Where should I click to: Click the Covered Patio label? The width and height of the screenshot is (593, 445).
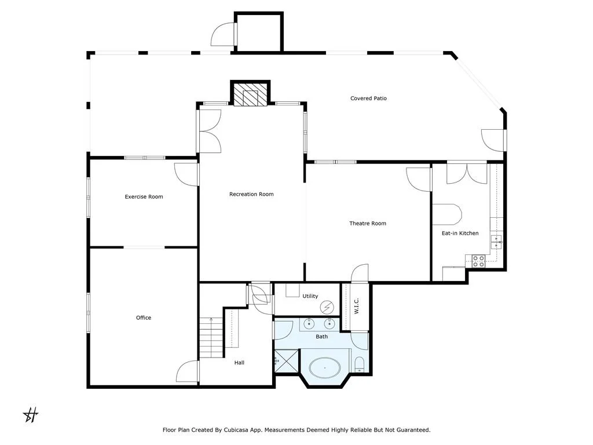click(368, 99)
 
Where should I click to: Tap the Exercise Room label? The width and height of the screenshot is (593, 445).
click(144, 197)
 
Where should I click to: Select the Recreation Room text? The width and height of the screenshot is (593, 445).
click(251, 194)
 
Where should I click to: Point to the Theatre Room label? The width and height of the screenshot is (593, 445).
click(368, 223)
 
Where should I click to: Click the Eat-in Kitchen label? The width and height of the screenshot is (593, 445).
click(460, 233)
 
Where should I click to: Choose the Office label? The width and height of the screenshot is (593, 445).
click(144, 318)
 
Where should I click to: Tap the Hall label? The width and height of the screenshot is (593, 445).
click(239, 363)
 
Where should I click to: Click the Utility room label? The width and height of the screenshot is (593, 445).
click(310, 296)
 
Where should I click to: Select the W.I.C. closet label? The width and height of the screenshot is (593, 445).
click(356, 306)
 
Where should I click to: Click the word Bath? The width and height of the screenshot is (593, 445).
click(322, 337)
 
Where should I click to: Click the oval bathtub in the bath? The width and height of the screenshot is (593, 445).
click(325, 368)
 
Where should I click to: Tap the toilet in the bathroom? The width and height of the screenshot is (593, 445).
click(359, 365)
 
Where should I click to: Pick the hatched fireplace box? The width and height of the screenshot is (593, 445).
click(250, 94)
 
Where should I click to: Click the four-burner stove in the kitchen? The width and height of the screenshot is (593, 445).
click(478, 261)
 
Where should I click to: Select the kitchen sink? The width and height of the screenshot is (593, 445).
click(496, 242)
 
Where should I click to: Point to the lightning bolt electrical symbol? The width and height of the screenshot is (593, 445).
click(327, 307)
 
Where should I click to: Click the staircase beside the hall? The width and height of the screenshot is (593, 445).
click(210, 338)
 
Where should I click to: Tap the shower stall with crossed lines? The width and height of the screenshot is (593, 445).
click(286, 362)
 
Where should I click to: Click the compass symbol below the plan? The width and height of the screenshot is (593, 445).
click(31, 415)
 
